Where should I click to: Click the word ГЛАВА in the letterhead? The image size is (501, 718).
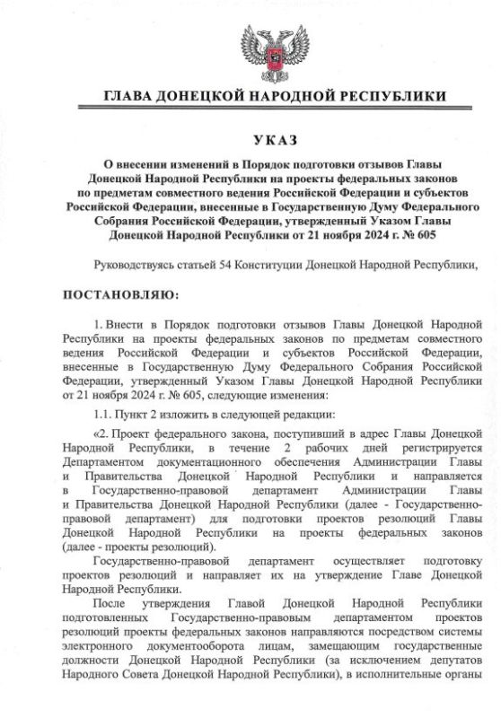tap(133, 96)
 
